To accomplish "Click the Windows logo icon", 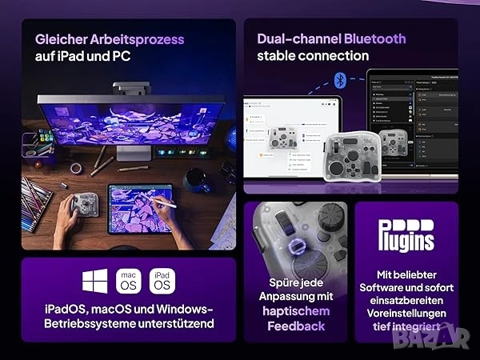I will click(x=94, y=281).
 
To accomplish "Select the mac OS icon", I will click(x=129, y=281).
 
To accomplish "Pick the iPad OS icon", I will click(x=162, y=281).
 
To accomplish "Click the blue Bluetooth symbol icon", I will click(x=340, y=79).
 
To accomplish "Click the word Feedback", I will click(x=296, y=326).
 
